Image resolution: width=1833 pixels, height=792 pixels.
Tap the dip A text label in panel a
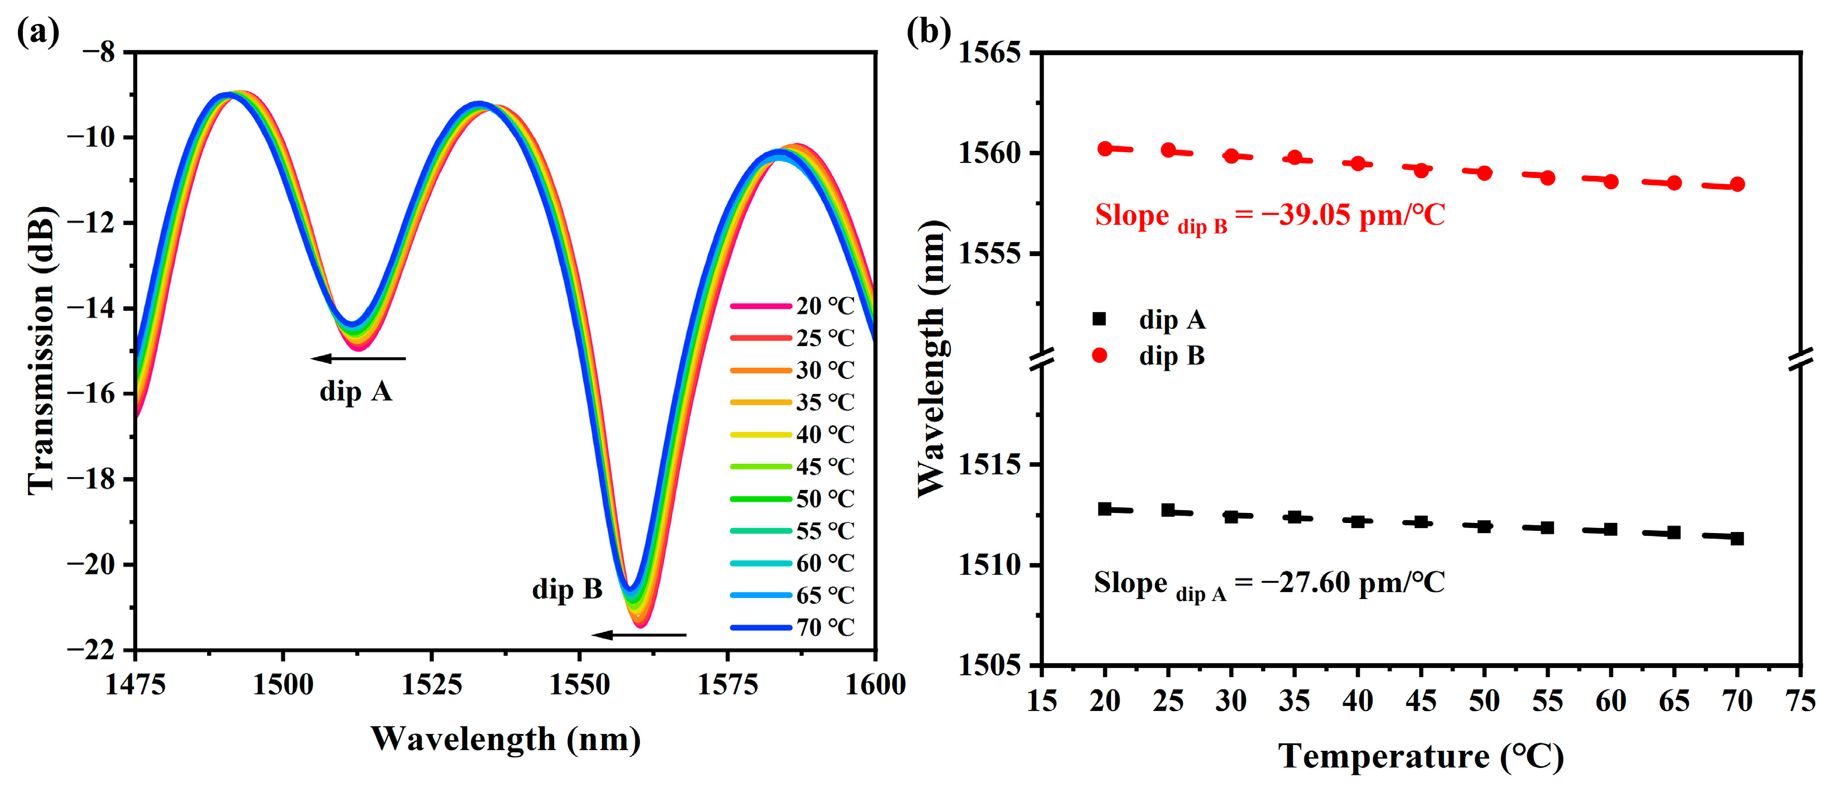356,391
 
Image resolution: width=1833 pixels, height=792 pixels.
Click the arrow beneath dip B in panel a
638,635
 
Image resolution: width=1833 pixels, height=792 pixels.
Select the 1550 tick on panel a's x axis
579,684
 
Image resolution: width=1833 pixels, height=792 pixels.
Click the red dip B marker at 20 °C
1105,148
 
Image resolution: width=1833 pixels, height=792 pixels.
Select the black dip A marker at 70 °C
1737,539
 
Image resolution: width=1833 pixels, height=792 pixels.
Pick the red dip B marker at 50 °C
1484,173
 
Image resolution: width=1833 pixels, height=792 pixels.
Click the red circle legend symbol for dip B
1099,356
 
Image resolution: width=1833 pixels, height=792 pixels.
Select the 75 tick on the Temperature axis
1800,702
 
